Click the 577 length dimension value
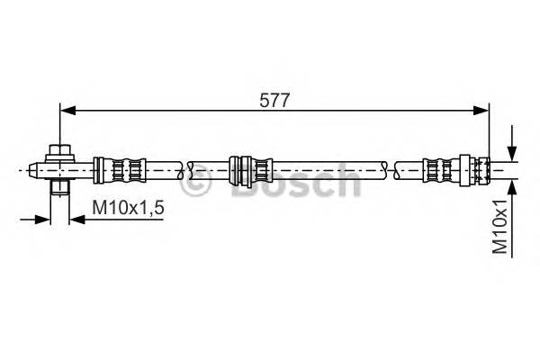click(275, 101)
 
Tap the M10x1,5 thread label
click(128, 210)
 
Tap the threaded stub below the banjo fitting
click(59, 187)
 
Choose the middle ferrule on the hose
click(249, 169)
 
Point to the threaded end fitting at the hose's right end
click(477, 169)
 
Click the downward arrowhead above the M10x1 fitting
click(511, 153)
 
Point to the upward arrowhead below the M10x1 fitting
click(511, 185)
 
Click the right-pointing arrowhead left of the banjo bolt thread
click(47, 217)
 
